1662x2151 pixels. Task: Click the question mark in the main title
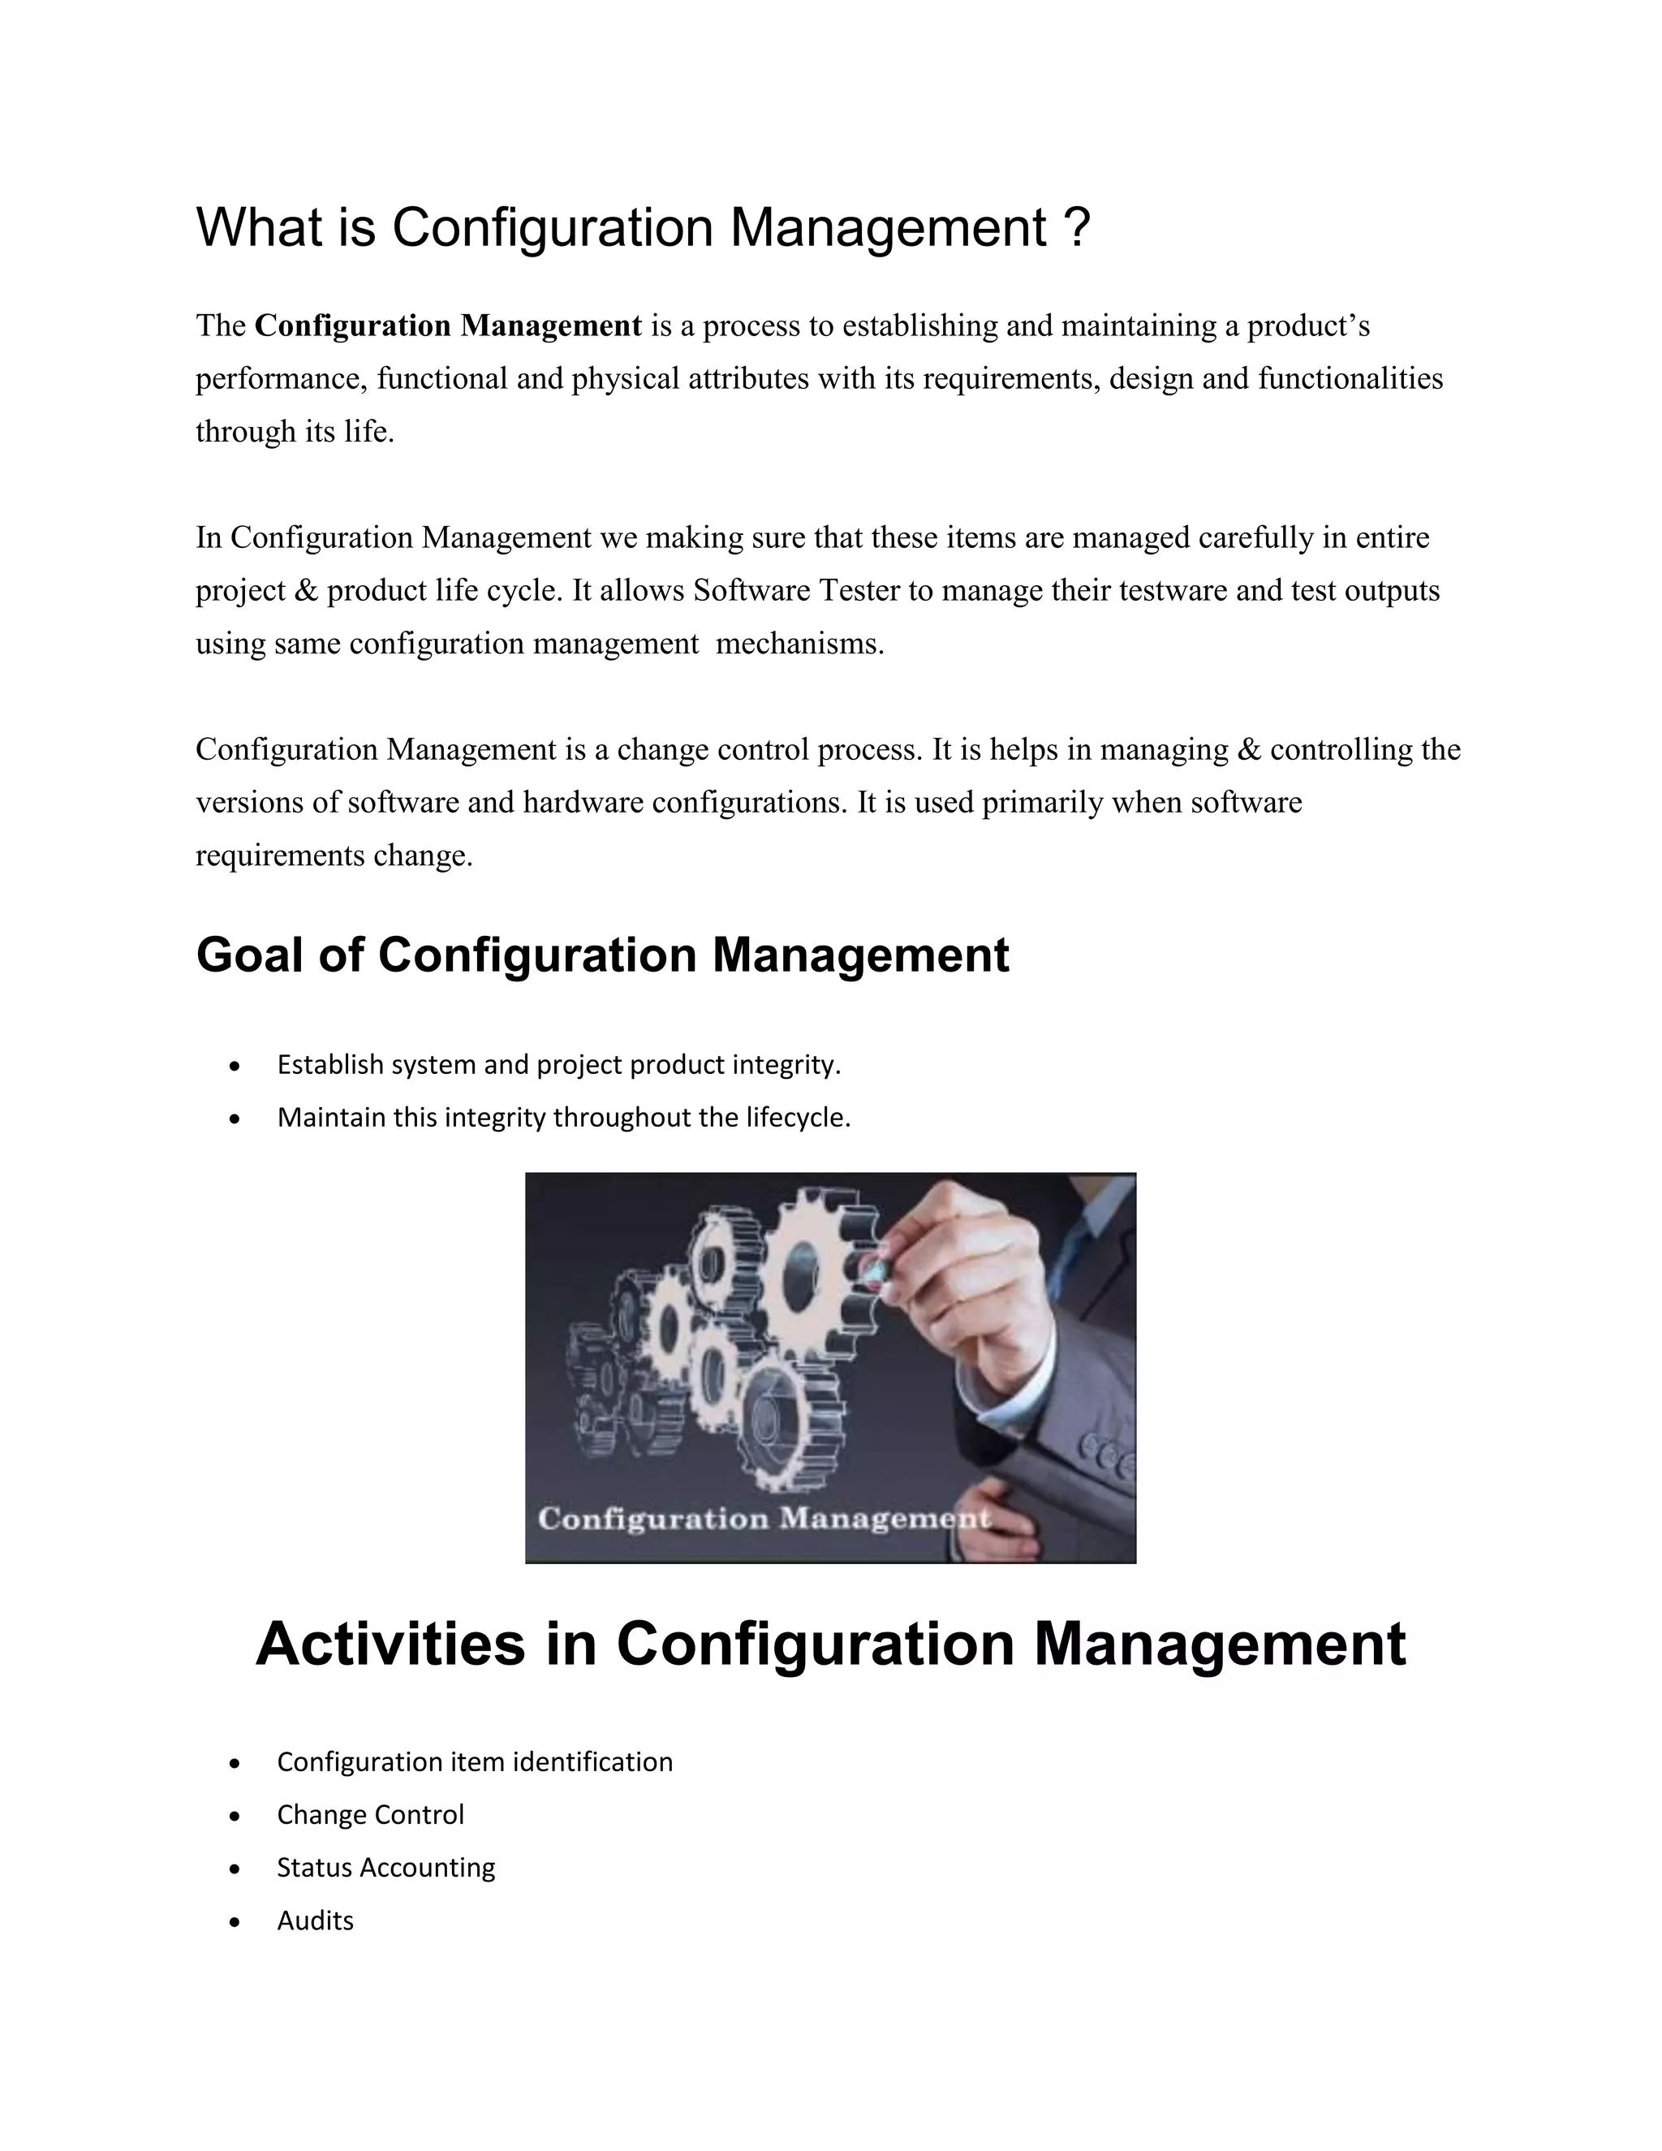point(1076,227)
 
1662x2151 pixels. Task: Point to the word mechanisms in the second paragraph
point(799,644)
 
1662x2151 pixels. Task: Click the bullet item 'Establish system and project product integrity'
point(558,1065)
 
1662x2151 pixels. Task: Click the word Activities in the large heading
point(390,1644)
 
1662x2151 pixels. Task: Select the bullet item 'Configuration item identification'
point(475,1762)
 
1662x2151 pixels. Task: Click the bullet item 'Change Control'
point(370,1815)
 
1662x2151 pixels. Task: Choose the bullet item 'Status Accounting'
point(386,1869)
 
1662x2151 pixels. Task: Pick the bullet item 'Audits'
point(315,1921)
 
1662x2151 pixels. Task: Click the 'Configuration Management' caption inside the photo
point(763,1519)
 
